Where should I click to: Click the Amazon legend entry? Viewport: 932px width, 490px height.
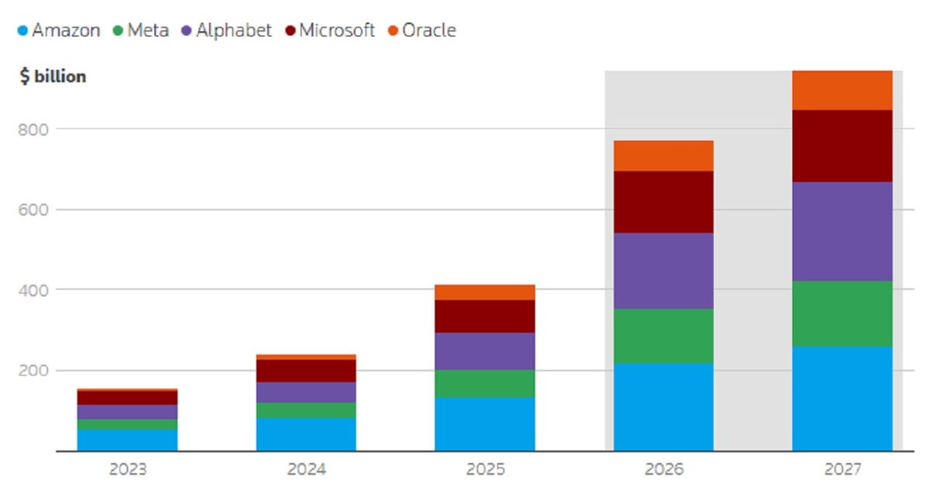point(59,30)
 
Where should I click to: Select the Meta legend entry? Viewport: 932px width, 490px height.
point(141,30)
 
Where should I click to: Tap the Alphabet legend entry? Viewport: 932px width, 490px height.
point(227,30)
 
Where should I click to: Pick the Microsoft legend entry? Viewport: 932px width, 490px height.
point(330,30)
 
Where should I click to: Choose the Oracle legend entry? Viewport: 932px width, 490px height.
point(422,30)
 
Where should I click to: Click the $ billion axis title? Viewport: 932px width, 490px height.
point(53,77)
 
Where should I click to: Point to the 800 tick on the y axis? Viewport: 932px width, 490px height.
point(33,130)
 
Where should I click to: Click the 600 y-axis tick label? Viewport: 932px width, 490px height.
point(33,210)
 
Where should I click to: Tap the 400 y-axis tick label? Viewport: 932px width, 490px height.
point(33,290)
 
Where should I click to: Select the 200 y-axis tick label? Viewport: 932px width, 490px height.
point(33,370)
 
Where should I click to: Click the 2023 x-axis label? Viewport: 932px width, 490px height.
point(127,469)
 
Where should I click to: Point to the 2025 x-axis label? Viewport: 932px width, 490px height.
point(485,469)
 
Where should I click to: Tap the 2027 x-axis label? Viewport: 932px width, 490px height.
point(843,469)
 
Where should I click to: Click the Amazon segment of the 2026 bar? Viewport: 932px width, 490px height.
point(663,407)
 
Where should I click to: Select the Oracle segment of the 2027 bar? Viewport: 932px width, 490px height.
point(842,90)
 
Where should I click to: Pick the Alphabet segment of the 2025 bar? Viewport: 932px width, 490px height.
point(485,351)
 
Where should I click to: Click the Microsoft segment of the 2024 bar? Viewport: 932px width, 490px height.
point(306,371)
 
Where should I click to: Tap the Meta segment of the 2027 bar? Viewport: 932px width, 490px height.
point(842,314)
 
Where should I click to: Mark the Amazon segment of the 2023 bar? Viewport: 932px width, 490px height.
point(127,440)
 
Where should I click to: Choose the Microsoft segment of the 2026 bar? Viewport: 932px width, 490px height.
point(663,202)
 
